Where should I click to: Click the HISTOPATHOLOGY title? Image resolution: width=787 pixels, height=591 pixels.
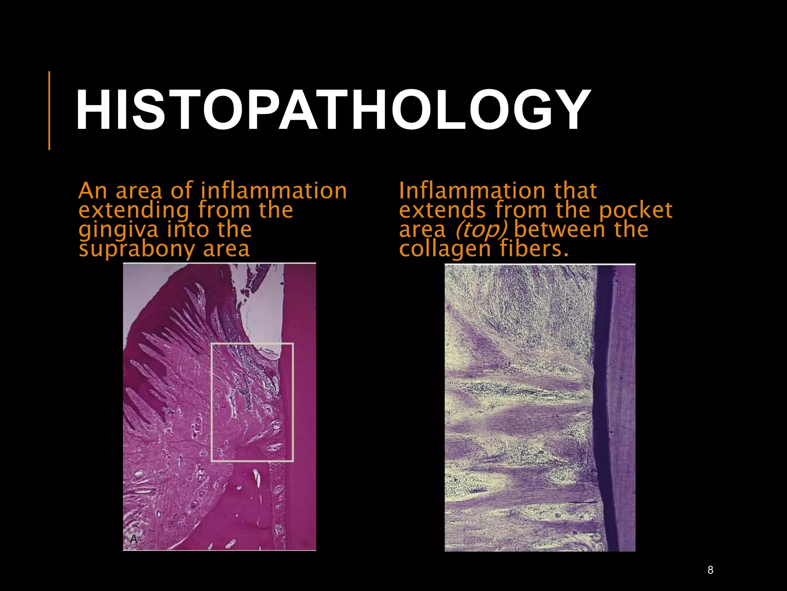tap(333, 110)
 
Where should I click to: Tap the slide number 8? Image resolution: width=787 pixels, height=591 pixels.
tap(710, 570)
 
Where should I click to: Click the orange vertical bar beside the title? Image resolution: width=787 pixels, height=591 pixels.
tap(49, 110)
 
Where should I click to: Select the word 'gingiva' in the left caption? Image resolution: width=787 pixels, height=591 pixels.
tap(118, 230)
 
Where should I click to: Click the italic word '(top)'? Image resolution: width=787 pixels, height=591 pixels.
tap(481, 230)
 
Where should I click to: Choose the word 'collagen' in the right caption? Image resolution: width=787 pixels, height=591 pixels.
tap(445, 249)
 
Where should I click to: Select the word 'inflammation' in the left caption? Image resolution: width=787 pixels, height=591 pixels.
tap(274, 191)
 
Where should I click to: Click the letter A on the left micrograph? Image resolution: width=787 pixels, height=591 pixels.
tap(134, 539)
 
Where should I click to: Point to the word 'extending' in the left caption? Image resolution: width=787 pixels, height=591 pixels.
tap(134, 210)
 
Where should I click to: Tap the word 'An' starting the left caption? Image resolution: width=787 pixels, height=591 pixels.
tap(92, 191)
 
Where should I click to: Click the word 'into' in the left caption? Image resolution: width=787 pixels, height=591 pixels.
tap(188, 230)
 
